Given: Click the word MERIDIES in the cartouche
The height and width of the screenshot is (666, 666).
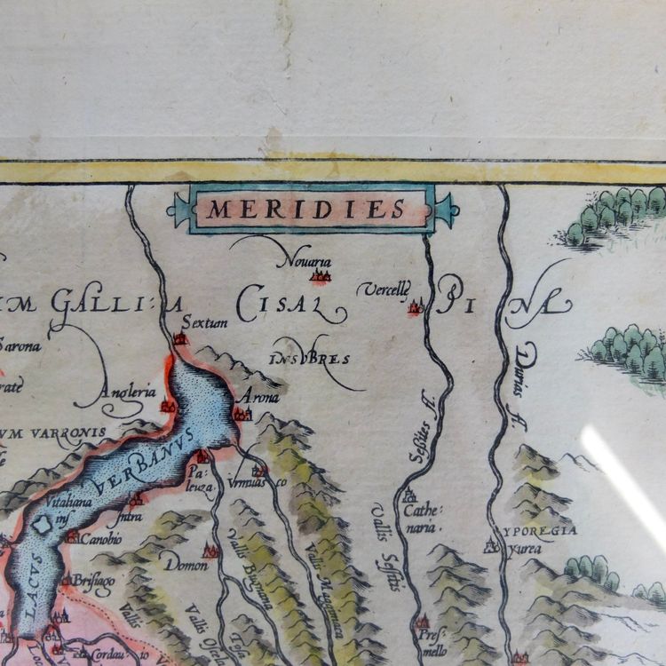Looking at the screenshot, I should (306, 210).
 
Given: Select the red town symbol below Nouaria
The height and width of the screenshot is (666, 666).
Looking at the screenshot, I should (320, 276).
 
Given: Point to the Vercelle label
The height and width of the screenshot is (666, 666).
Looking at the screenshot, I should (384, 289).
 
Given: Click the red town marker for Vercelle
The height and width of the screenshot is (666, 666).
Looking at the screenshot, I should (415, 308).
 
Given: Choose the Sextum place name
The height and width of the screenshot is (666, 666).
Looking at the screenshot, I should (203, 322).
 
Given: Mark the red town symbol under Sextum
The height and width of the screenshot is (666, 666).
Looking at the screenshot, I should (180, 338).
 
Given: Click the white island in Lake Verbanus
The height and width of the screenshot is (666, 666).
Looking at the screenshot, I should (41, 526).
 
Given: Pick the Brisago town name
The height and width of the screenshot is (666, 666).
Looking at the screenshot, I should (93, 579).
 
